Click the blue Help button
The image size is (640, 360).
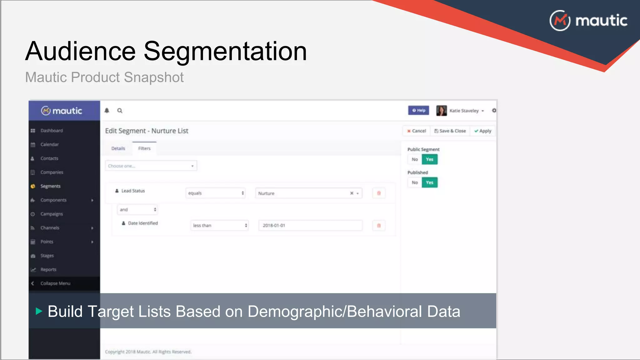tap(418, 110)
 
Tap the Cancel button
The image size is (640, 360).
tap(417, 131)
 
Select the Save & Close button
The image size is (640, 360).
tap(450, 131)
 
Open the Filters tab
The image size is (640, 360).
tap(144, 148)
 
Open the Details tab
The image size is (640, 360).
tap(118, 148)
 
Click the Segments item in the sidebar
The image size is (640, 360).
tap(50, 186)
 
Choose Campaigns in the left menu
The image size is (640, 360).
tap(52, 214)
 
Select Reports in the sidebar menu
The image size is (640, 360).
tap(48, 269)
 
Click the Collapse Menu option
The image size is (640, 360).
tap(55, 283)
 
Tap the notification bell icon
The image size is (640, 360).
tap(107, 110)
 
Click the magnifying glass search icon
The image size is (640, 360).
tap(120, 110)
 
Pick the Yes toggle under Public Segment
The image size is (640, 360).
tap(430, 159)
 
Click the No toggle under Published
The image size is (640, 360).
tap(415, 182)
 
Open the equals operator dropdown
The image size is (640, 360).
tap(215, 193)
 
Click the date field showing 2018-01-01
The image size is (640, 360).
tap(310, 225)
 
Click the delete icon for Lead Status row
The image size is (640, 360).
tap(379, 193)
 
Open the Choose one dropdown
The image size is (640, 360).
tap(151, 166)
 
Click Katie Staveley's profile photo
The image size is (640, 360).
tap(441, 111)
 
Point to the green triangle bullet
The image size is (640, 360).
tap(39, 311)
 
